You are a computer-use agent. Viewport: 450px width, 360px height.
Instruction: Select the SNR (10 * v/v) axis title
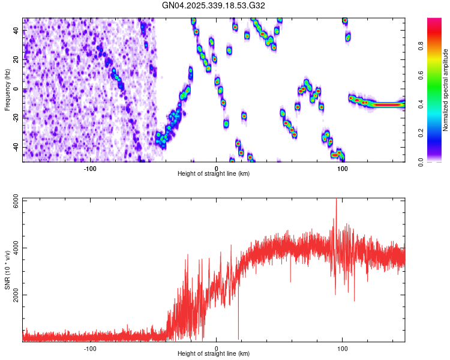click(7, 270)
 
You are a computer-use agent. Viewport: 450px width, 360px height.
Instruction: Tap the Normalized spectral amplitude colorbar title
click(445, 90)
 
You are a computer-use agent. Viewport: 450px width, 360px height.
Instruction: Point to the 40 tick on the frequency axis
click(17, 32)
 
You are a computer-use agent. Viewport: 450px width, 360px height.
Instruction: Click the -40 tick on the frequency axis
click(15, 147)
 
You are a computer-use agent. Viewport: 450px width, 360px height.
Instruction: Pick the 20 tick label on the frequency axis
click(17, 61)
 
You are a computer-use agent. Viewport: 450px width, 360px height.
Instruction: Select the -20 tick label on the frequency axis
click(15, 118)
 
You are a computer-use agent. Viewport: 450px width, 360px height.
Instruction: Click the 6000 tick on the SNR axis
click(13, 199)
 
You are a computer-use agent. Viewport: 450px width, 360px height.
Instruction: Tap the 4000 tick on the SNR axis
click(13, 247)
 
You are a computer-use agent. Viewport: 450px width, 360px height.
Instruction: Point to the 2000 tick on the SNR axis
click(13, 295)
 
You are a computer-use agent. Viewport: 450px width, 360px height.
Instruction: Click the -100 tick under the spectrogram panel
click(91, 167)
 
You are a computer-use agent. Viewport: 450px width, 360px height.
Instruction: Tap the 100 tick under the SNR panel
click(343, 348)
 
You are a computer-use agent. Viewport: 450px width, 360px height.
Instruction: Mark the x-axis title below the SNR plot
click(214, 354)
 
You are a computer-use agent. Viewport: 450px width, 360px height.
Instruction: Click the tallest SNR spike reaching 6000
click(336, 200)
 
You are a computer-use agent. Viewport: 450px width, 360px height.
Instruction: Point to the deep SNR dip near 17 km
click(238, 336)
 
